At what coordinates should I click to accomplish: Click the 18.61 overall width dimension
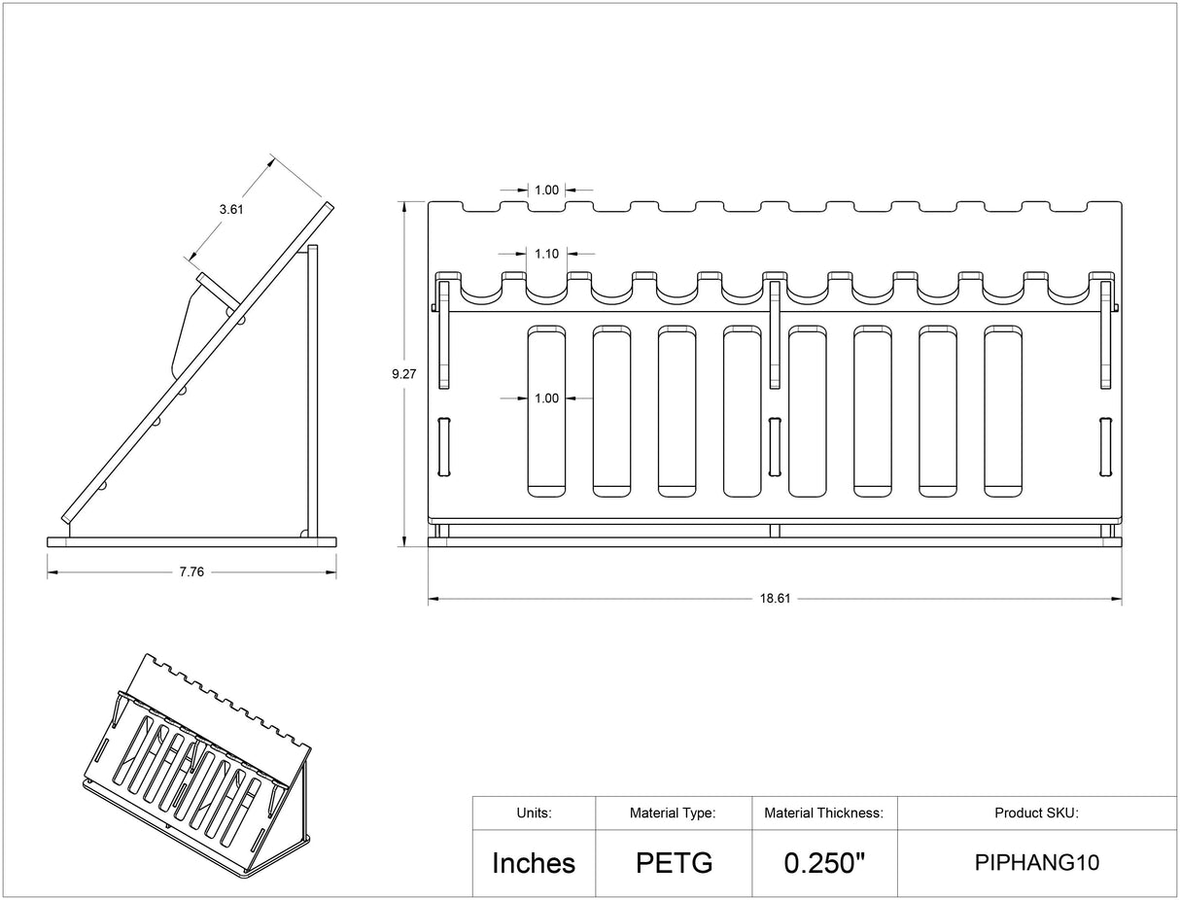pos(775,599)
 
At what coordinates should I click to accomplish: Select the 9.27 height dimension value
pos(403,374)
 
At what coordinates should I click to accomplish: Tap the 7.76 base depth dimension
pos(191,571)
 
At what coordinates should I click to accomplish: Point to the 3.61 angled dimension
pos(231,210)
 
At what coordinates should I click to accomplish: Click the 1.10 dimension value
pos(546,254)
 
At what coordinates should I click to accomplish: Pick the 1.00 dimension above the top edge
pos(546,190)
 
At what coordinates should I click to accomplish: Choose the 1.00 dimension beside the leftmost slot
pos(546,398)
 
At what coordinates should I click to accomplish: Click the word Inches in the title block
pos(534,863)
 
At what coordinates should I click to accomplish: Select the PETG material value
pos(675,863)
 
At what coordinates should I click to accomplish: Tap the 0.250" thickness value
pos(824,863)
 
